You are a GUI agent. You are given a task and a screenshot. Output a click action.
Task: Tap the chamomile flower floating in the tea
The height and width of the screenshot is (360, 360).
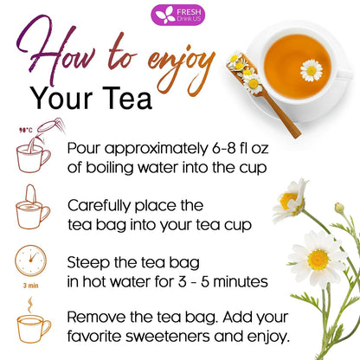(311, 70)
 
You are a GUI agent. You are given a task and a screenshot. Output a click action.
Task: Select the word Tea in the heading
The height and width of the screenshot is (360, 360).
(127, 98)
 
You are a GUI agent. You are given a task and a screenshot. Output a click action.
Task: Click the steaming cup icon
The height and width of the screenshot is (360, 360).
(32, 325)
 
